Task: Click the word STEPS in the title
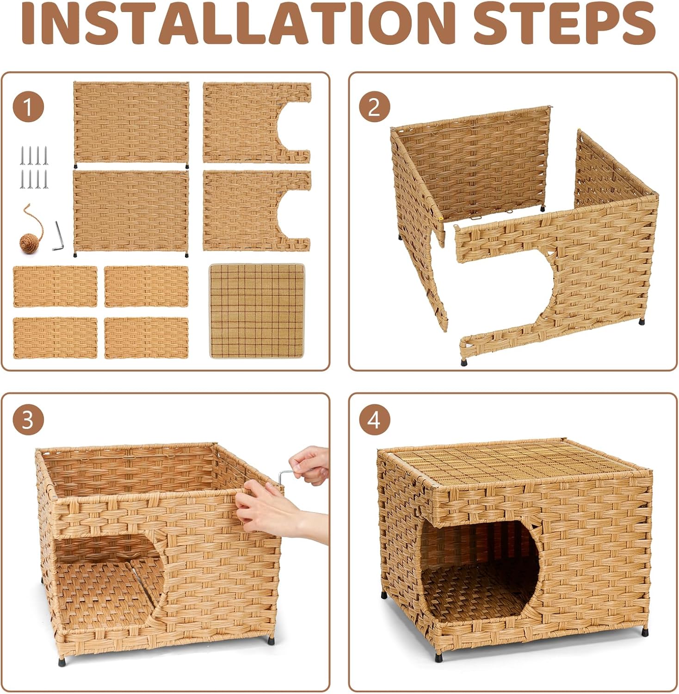coord(564,23)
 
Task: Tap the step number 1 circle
coord(28,107)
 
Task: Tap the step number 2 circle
coord(374,107)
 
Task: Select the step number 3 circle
coord(28,420)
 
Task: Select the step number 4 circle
coord(374,420)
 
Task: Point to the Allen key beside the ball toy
coord(58,236)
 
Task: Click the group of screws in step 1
coord(34,167)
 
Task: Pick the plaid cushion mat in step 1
coord(257,311)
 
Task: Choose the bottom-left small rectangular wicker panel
coord(55,338)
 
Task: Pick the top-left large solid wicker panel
coord(131,122)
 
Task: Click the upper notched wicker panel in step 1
coord(250,122)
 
